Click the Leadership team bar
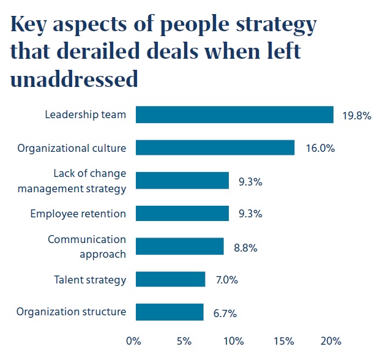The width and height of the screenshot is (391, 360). (x=234, y=114)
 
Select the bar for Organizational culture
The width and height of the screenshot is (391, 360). (x=215, y=148)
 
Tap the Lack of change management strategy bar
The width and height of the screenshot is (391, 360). (x=182, y=181)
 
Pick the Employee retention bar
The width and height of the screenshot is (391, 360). (x=182, y=213)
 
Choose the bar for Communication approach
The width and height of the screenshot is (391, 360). (x=180, y=246)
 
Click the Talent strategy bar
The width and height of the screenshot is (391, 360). (x=171, y=279)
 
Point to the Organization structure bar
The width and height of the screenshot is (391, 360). (x=169, y=312)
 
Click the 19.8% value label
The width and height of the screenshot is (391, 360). (x=356, y=115)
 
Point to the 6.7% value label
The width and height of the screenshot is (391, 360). (x=224, y=313)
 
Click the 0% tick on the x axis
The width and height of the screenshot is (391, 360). (x=133, y=340)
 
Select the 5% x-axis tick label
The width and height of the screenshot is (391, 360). (x=183, y=340)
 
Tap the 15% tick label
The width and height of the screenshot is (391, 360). (x=282, y=340)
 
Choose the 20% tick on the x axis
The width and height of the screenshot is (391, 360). (x=331, y=340)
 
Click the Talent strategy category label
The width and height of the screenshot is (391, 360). (x=90, y=280)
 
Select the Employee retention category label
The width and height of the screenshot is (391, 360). (x=78, y=214)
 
